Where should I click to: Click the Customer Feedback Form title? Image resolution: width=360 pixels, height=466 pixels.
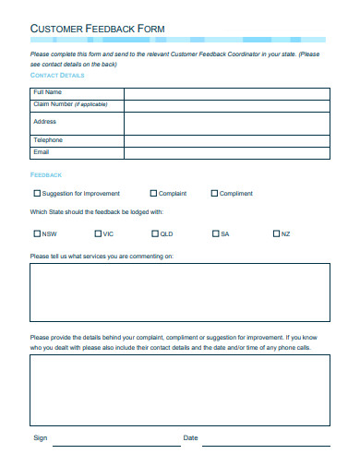98,29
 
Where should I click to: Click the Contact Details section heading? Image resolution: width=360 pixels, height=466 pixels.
64,75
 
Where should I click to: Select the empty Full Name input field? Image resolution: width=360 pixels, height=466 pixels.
226,92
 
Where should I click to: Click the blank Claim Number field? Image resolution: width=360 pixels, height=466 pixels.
226,104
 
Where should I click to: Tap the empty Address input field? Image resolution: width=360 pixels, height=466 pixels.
226,123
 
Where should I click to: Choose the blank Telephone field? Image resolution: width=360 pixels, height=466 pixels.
226,140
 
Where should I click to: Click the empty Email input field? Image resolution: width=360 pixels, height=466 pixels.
226,152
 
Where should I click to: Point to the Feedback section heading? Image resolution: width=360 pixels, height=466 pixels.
46,174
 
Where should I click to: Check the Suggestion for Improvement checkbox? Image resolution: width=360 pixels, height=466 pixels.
38,194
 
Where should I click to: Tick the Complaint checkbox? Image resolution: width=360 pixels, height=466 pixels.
153,194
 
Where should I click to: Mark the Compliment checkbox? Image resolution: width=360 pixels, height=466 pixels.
215,194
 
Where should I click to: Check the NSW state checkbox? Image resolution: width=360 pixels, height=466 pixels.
37,233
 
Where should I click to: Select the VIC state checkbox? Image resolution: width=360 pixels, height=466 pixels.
97,233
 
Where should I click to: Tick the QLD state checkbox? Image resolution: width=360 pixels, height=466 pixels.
155,233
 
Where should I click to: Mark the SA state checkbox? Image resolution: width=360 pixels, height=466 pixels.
215,233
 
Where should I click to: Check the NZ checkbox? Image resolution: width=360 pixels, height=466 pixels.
276,233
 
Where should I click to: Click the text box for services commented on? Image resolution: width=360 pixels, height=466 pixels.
179,292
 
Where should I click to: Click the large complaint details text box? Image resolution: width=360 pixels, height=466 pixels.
179,389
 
